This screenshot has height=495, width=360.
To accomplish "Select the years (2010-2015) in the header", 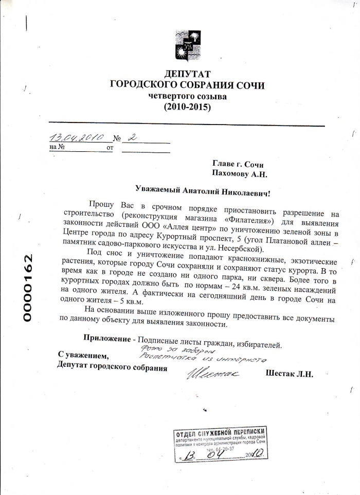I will point(187,107).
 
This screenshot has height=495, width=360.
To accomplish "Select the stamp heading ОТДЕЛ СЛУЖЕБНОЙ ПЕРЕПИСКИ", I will point(220,433).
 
